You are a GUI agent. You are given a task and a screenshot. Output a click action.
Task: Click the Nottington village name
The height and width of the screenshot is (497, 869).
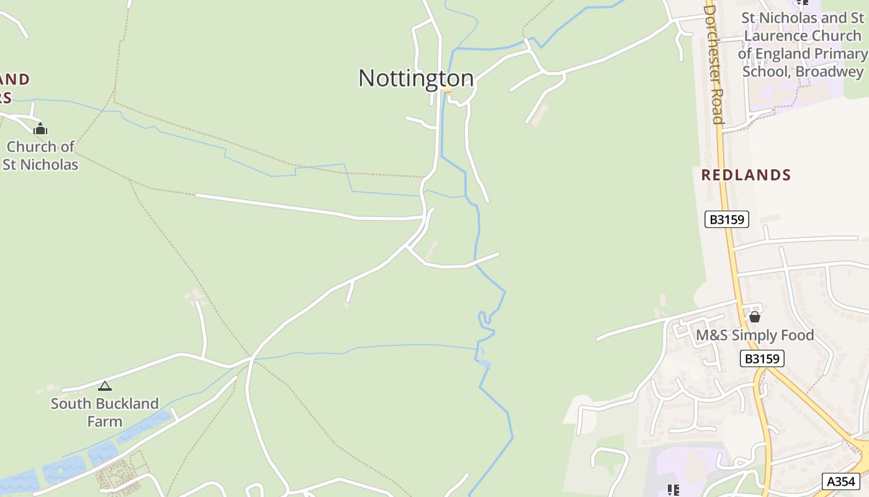416,78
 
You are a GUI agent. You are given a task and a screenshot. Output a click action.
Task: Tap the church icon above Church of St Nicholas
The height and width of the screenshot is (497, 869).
40,129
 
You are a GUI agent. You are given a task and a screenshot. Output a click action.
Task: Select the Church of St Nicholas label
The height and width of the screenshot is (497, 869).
40,155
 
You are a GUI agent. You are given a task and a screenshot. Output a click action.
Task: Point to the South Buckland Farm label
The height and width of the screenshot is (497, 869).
104,412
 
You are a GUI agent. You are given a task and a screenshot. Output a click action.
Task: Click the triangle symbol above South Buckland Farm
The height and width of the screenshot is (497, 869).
105,386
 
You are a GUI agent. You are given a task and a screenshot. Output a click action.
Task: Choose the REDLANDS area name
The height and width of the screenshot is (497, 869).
746,175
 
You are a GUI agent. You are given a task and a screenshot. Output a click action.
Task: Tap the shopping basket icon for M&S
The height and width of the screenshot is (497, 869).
755,317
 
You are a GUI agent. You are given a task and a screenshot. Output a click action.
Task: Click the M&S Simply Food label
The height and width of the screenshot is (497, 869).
754,335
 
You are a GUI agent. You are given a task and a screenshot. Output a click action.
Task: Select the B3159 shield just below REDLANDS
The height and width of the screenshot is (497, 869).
727,219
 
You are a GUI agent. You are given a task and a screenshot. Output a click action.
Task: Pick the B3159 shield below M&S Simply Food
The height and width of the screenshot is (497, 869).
762,358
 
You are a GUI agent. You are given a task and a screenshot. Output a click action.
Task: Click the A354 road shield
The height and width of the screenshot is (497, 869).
841,481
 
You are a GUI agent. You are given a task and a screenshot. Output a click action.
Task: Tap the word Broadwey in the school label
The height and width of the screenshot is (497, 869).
829,71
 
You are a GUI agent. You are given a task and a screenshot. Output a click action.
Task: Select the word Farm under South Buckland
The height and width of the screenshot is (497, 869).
104,421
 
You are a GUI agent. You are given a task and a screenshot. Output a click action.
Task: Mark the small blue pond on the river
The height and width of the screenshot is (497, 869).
484,363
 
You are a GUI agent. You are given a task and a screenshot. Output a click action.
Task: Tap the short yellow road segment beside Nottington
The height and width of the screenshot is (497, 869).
447,90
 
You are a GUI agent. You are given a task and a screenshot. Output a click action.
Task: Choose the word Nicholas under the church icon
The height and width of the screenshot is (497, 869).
53,165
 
